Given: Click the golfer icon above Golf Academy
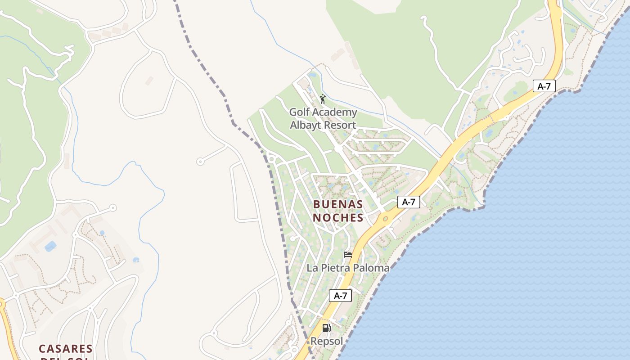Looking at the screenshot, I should pyautogui.click(x=323, y=99).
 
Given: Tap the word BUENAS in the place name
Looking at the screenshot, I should pyautogui.click(x=338, y=204).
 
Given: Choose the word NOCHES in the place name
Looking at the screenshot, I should pyautogui.click(x=338, y=218).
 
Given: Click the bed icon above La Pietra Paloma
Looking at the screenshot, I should pyautogui.click(x=347, y=255).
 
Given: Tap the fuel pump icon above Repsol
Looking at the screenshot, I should pyautogui.click(x=326, y=328).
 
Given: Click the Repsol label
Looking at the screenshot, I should pyautogui.click(x=326, y=342).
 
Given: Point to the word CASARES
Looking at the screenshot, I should pyautogui.click(x=66, y=349).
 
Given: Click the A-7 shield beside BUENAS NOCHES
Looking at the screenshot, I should pyautogui.click(x=409, y=202).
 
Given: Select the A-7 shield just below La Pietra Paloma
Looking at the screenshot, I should pyautogui.click(x=340, y=296).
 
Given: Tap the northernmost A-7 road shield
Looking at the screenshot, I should pyautogui.click(x=544, y=86).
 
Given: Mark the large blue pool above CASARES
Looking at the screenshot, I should pyautogui.click(x=50, y=246).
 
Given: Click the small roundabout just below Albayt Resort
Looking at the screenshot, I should pyautogui.click(x=337, y=148).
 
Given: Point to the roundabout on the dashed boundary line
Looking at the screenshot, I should pyautogui.click(x=271, y=158).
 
